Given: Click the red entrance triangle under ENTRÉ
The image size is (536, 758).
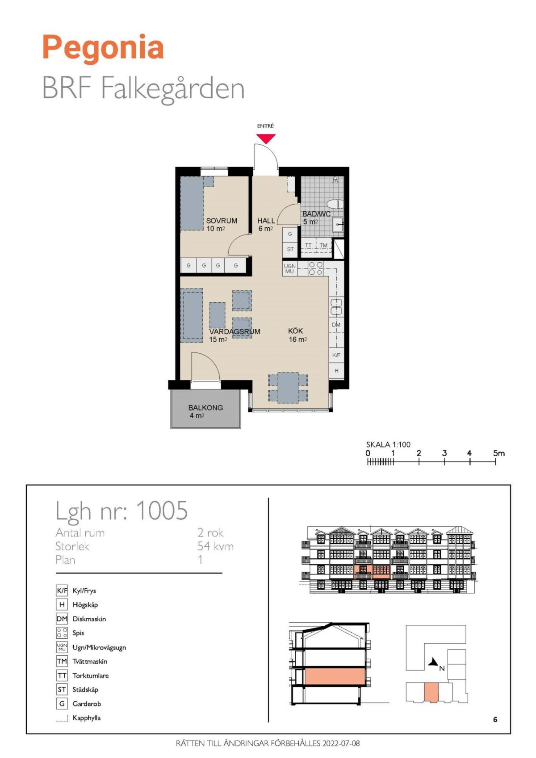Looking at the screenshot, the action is [266, 138].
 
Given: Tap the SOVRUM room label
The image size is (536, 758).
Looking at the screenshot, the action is [222, 221].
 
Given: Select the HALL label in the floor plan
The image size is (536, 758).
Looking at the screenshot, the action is [266, 221].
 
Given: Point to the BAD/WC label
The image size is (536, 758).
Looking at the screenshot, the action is [316, 214].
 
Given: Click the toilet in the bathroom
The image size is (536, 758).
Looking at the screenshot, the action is [335, 205].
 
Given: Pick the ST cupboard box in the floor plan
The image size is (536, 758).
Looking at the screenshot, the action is [290, 250].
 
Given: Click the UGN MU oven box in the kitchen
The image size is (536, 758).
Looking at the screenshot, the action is [289, 269].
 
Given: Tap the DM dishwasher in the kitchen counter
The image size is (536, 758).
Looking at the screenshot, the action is [336, 325].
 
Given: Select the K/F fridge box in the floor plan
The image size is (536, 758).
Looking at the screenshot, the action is [336, 355].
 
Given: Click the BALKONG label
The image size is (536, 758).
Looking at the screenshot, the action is [205, 408].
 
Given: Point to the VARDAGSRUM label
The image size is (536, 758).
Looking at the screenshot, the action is [234, 331].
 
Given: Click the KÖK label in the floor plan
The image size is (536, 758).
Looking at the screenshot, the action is [295, 331].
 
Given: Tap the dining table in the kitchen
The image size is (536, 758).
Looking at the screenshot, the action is [288, 388].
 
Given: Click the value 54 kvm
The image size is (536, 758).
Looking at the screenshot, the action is [216, 546].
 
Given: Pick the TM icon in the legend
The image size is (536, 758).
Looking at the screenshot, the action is [62, 661].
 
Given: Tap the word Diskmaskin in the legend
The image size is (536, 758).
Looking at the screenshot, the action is [89, 619].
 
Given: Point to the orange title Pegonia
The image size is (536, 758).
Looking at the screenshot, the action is [103, 48].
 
